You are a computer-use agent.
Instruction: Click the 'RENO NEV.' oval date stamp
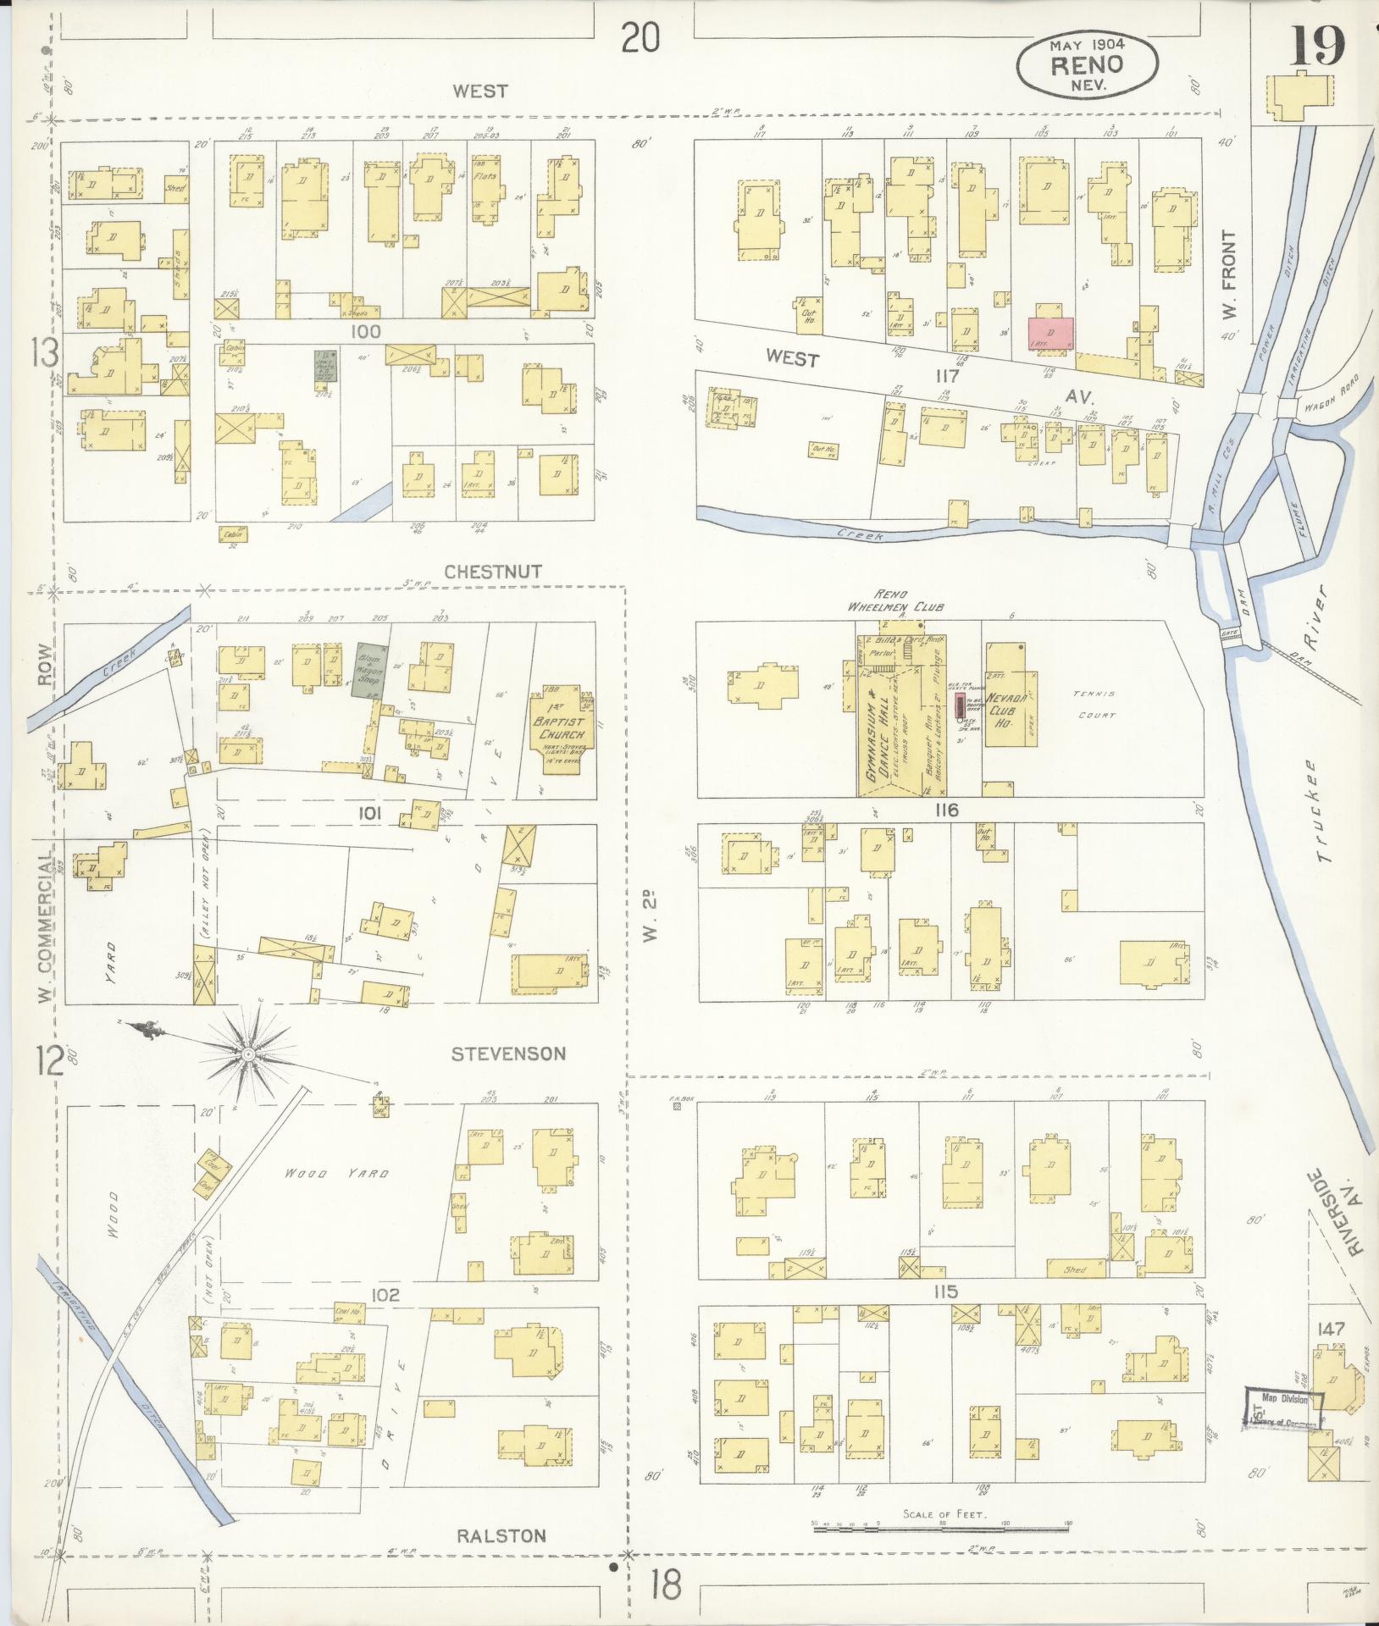1087,65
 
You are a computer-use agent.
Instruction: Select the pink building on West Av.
1050,333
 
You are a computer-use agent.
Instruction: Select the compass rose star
248,1054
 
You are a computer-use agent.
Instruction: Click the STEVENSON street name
508,1054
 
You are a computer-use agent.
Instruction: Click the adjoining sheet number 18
665,1586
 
